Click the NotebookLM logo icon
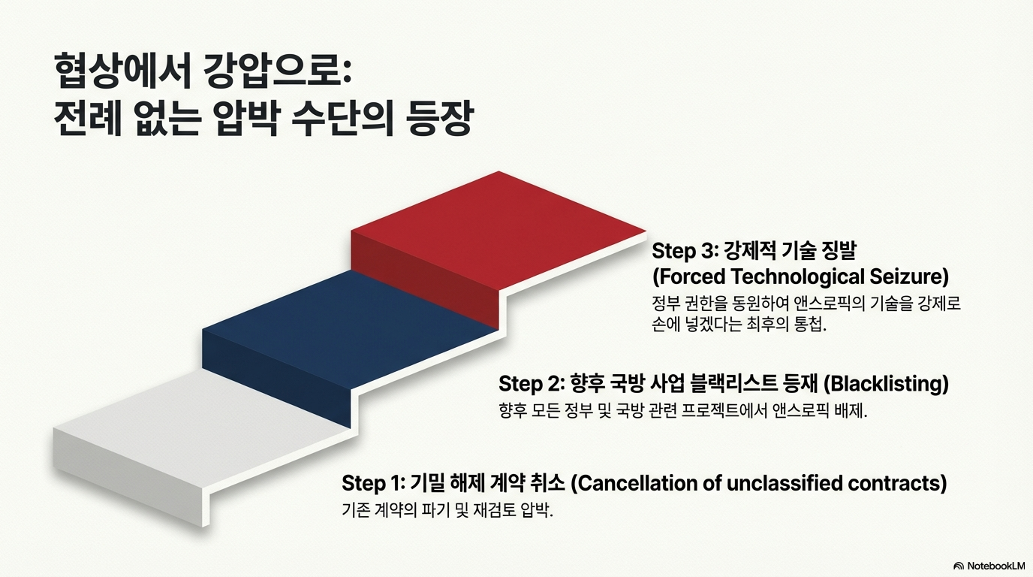tap(959, 566)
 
